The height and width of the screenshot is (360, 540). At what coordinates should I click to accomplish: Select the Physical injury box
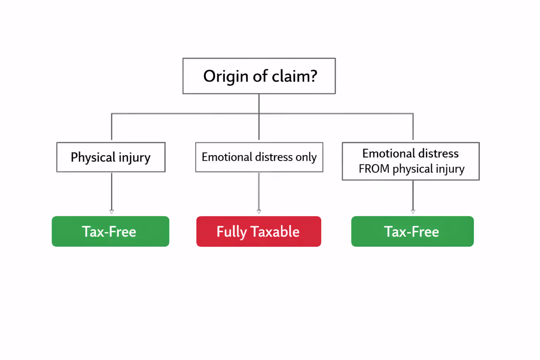point(111,157)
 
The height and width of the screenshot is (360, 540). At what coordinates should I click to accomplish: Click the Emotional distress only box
point(259,157)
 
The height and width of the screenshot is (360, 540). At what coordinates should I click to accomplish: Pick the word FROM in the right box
point(374,169)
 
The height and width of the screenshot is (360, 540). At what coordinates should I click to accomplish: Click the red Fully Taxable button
point(258,231)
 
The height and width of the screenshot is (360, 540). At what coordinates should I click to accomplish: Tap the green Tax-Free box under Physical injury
point(110,231)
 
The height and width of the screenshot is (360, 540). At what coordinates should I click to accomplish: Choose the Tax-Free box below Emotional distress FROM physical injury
point(412,231)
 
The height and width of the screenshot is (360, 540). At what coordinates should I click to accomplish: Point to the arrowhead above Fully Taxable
point(259,212)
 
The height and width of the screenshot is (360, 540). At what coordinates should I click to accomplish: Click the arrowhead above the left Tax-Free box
point(112,212)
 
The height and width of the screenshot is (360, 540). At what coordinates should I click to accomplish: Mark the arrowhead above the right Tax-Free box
point(413,212)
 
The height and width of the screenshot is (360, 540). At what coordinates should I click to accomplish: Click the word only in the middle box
point(306,157)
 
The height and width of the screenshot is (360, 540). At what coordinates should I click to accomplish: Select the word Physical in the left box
point(93,157)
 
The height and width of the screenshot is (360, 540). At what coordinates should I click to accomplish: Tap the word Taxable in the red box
point(275,232)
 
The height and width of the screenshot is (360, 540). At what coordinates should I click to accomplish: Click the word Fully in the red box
point(232,232)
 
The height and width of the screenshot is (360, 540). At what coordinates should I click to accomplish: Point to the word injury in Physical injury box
point(134,157)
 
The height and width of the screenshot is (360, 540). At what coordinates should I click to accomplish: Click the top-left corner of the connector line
point(112,114)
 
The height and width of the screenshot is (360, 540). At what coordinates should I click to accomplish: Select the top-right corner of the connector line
point(413,114)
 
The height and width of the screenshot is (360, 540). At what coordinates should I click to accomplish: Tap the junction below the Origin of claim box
point(259,114)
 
